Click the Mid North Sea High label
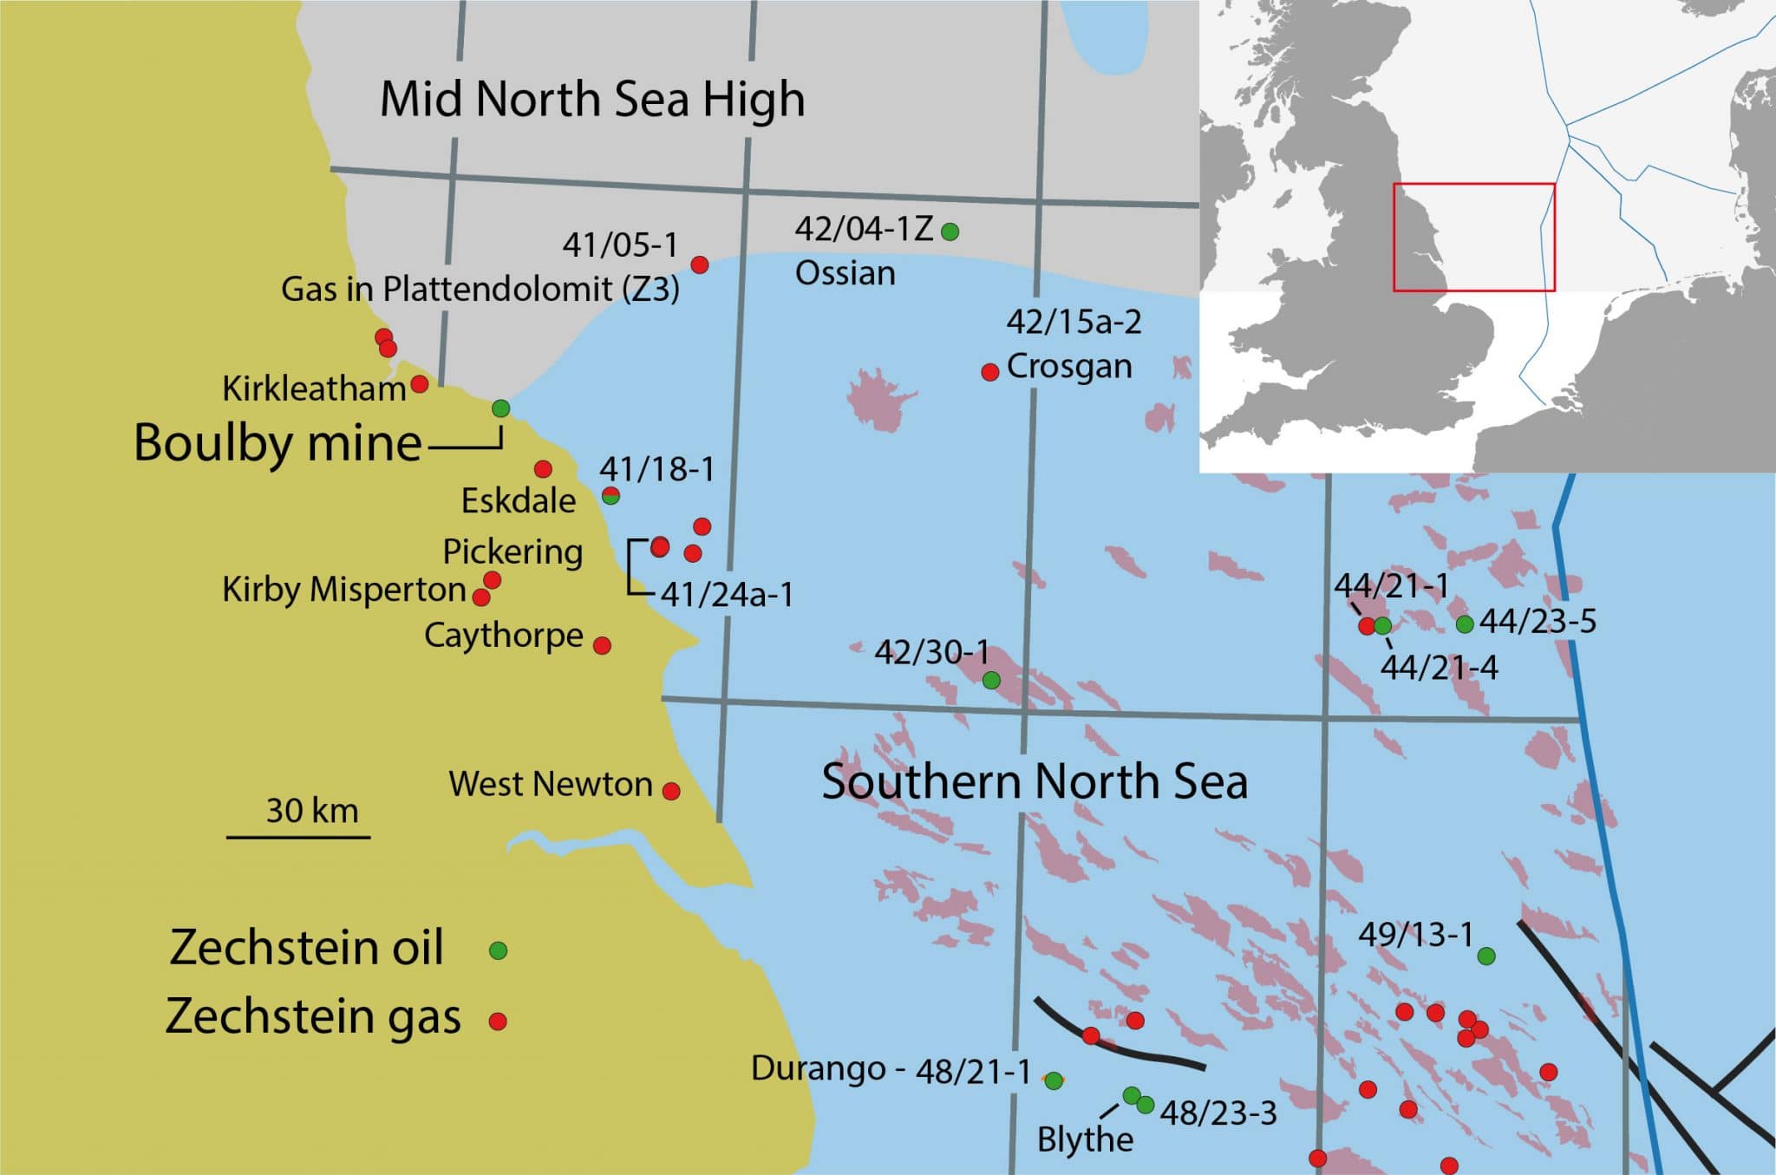pos(592,99)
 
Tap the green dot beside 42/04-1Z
pos(950,232)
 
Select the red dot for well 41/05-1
pos(700,264)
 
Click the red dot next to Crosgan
pos(989,372)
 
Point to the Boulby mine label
pos(277,443)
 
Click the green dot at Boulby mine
pos(500,408)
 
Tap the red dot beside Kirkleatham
pos(419,383)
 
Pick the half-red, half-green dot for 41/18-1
pos(610,496)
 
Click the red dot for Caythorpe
pos(602,645)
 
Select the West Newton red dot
pos(671,791)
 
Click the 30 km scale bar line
pos(298,837)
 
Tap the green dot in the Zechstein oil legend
pos(498,950)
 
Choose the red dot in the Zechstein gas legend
pos(498,1021)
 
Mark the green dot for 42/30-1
pos(991,681)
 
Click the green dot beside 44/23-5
pos(1465,623)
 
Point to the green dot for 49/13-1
pos(1485,956)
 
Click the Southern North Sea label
pos(1034,781)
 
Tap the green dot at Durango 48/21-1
pos(1054,1080)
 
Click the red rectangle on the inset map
pos(1473,185)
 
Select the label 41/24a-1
pos(727,595)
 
